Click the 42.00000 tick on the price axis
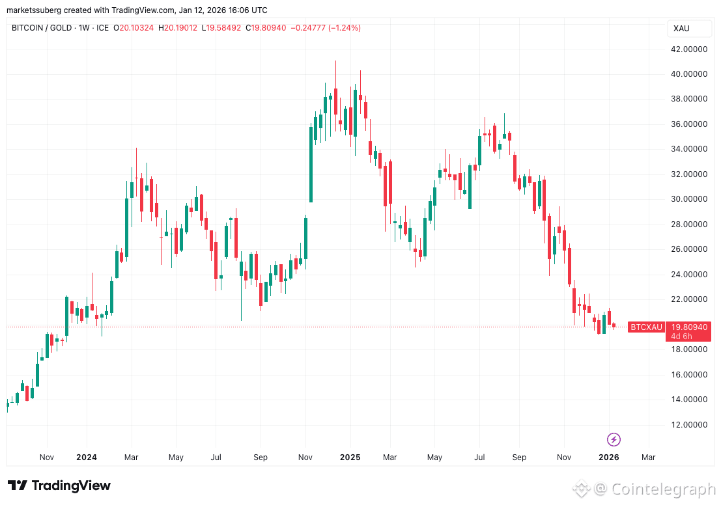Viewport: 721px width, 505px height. pos(691,49)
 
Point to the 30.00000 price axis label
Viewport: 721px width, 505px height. pos(691,199)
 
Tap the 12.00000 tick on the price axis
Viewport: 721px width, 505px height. pos(691,425)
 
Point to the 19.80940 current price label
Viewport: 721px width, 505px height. pos(688,327)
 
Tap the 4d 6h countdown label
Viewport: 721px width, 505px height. pos(682,336)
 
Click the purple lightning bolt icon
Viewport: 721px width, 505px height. pos(614,439)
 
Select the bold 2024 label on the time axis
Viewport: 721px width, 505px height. pos(87,457)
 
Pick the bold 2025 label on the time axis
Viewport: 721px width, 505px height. pos(350,457)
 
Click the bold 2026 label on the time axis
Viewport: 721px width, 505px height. pos(608,457)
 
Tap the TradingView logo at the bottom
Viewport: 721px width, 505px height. pos(59,485)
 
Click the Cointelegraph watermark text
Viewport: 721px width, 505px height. pos(662,488)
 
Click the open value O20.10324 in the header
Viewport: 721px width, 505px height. pos(134,28)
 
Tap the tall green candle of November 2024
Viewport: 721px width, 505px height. pos(311,164)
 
